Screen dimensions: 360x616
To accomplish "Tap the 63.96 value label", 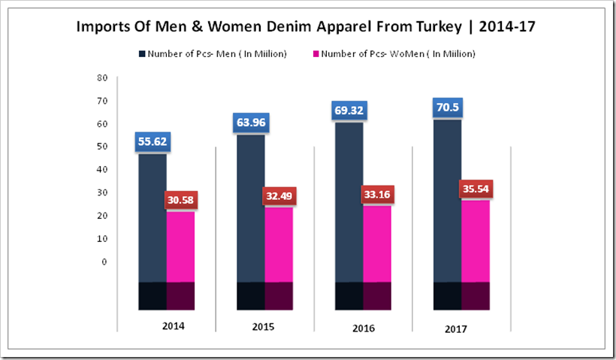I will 251,123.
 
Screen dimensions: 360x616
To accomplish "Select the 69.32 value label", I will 349,110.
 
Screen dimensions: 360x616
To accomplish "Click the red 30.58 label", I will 181,201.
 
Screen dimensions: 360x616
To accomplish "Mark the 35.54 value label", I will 476,189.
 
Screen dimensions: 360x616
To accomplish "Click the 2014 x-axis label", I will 173,327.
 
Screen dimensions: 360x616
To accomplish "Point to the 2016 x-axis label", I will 363,328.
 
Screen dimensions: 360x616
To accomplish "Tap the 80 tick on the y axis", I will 103,77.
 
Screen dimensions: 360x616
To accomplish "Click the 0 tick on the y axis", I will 105,262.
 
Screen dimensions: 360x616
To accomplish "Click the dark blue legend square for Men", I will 142,54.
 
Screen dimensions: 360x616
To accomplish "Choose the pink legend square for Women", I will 316,54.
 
